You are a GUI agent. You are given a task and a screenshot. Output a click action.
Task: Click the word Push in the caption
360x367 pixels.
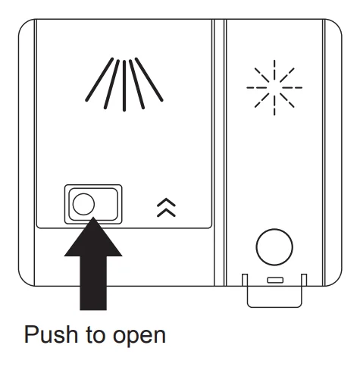[51, 334]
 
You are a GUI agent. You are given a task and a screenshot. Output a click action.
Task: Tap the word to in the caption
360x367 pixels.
[95, 335]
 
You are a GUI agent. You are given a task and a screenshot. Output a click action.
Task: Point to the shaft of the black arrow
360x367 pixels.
[93, 283]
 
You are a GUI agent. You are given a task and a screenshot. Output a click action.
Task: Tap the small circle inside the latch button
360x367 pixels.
[83, 204]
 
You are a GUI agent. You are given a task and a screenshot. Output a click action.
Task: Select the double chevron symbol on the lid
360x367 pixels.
[166, 208]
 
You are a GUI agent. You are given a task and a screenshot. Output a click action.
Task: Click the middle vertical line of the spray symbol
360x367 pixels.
[124, 86]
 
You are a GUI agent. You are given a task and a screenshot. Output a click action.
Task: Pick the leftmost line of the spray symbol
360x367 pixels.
[99, 80]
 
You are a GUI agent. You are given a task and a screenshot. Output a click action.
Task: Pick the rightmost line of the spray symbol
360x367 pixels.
[149, 80]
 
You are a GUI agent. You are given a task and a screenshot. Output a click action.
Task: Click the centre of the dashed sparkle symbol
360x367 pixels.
[274, 88]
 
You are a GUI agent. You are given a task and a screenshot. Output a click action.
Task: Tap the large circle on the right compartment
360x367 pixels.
[274, 247]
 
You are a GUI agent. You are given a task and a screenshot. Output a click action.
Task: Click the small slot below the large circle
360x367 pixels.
[275, 280]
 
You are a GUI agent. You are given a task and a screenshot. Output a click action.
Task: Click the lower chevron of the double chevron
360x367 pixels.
[166, 212]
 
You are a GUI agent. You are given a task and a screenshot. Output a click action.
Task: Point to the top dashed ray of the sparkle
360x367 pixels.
[274, 71]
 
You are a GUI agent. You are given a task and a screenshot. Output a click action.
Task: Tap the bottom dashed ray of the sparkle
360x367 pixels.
[274, 105]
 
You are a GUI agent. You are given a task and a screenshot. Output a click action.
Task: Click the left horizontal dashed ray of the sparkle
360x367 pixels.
[257, 88]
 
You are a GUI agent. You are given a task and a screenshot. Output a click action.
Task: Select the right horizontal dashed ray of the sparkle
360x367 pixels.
[292, 88]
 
